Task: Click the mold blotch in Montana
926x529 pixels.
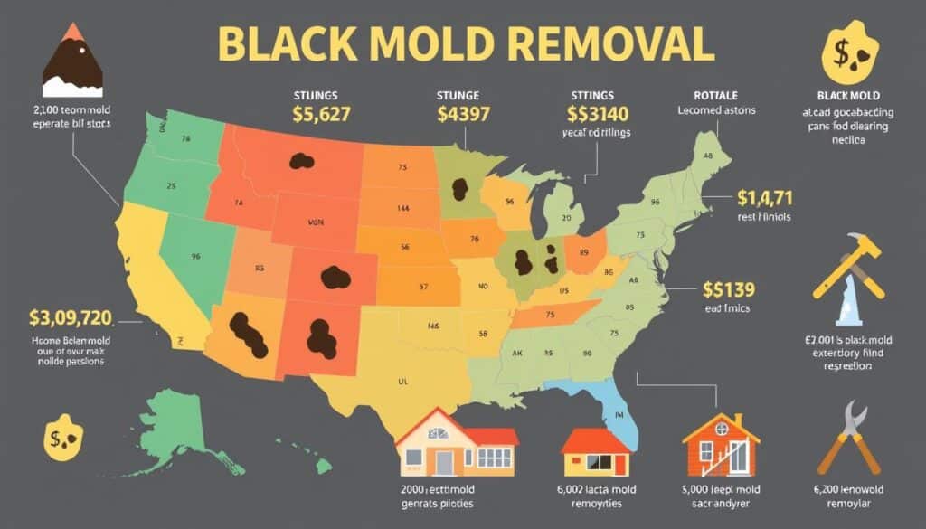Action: [x=301, y=162]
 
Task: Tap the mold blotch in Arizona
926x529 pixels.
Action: [x=248, y=334]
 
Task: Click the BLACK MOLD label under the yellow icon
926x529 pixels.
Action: [x=849, y=95]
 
